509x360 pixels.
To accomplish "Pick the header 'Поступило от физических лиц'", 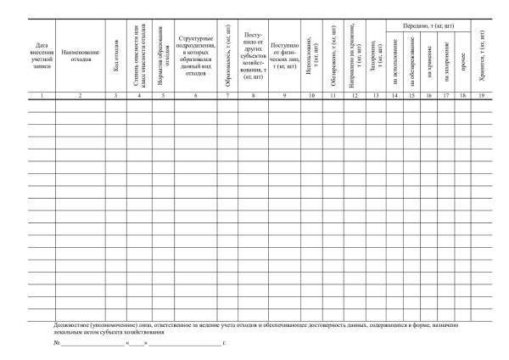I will tap(283, 57).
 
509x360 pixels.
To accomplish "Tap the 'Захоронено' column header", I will tap(375, 60).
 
